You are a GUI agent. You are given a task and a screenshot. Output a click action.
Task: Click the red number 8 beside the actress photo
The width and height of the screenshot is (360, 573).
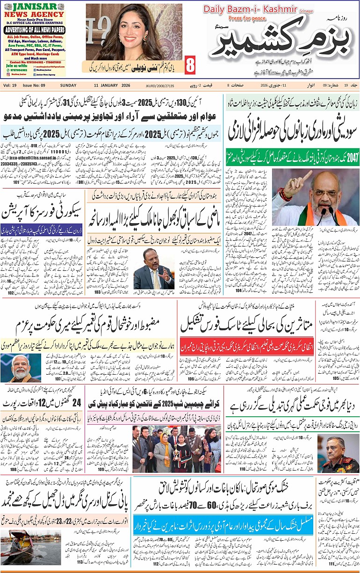click(x=190, y=65)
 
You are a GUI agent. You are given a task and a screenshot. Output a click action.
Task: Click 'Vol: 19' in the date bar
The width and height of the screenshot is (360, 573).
click(x=10, y=86)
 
